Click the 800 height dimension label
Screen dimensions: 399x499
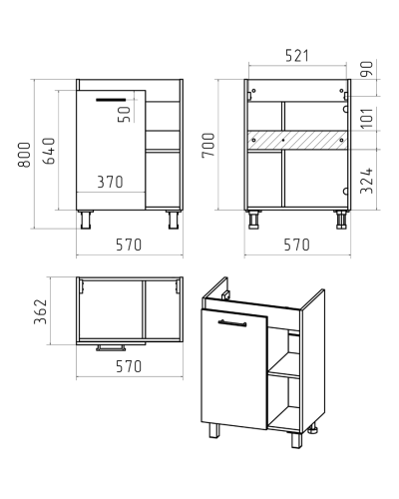pos(25,155)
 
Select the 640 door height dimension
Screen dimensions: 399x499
pos(49,151)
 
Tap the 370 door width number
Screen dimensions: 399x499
pos(110,182)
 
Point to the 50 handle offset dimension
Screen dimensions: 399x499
pos(125,114)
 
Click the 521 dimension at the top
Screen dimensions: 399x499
pos(297,56)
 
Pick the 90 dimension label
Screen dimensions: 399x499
pos(367,69)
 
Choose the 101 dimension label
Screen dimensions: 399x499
pos(367,118)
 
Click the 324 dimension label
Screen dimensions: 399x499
pos(367,181)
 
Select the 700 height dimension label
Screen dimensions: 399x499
pos(208,145)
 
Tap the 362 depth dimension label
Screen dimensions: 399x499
pos(41,311)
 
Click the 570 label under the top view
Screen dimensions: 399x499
pos(129,366)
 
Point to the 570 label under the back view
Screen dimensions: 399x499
pos(296,245)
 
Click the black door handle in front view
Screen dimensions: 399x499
pos(111,100)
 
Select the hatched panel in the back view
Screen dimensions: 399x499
pos(297,140)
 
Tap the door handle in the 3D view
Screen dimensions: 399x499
pos(232,323)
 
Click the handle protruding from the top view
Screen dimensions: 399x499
pos(111,348)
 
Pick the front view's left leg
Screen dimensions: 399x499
pos(86,220)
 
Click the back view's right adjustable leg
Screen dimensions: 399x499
pos(341,220)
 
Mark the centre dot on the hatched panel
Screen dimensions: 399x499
pos(283,140)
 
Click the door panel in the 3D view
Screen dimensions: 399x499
pos(233,368)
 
